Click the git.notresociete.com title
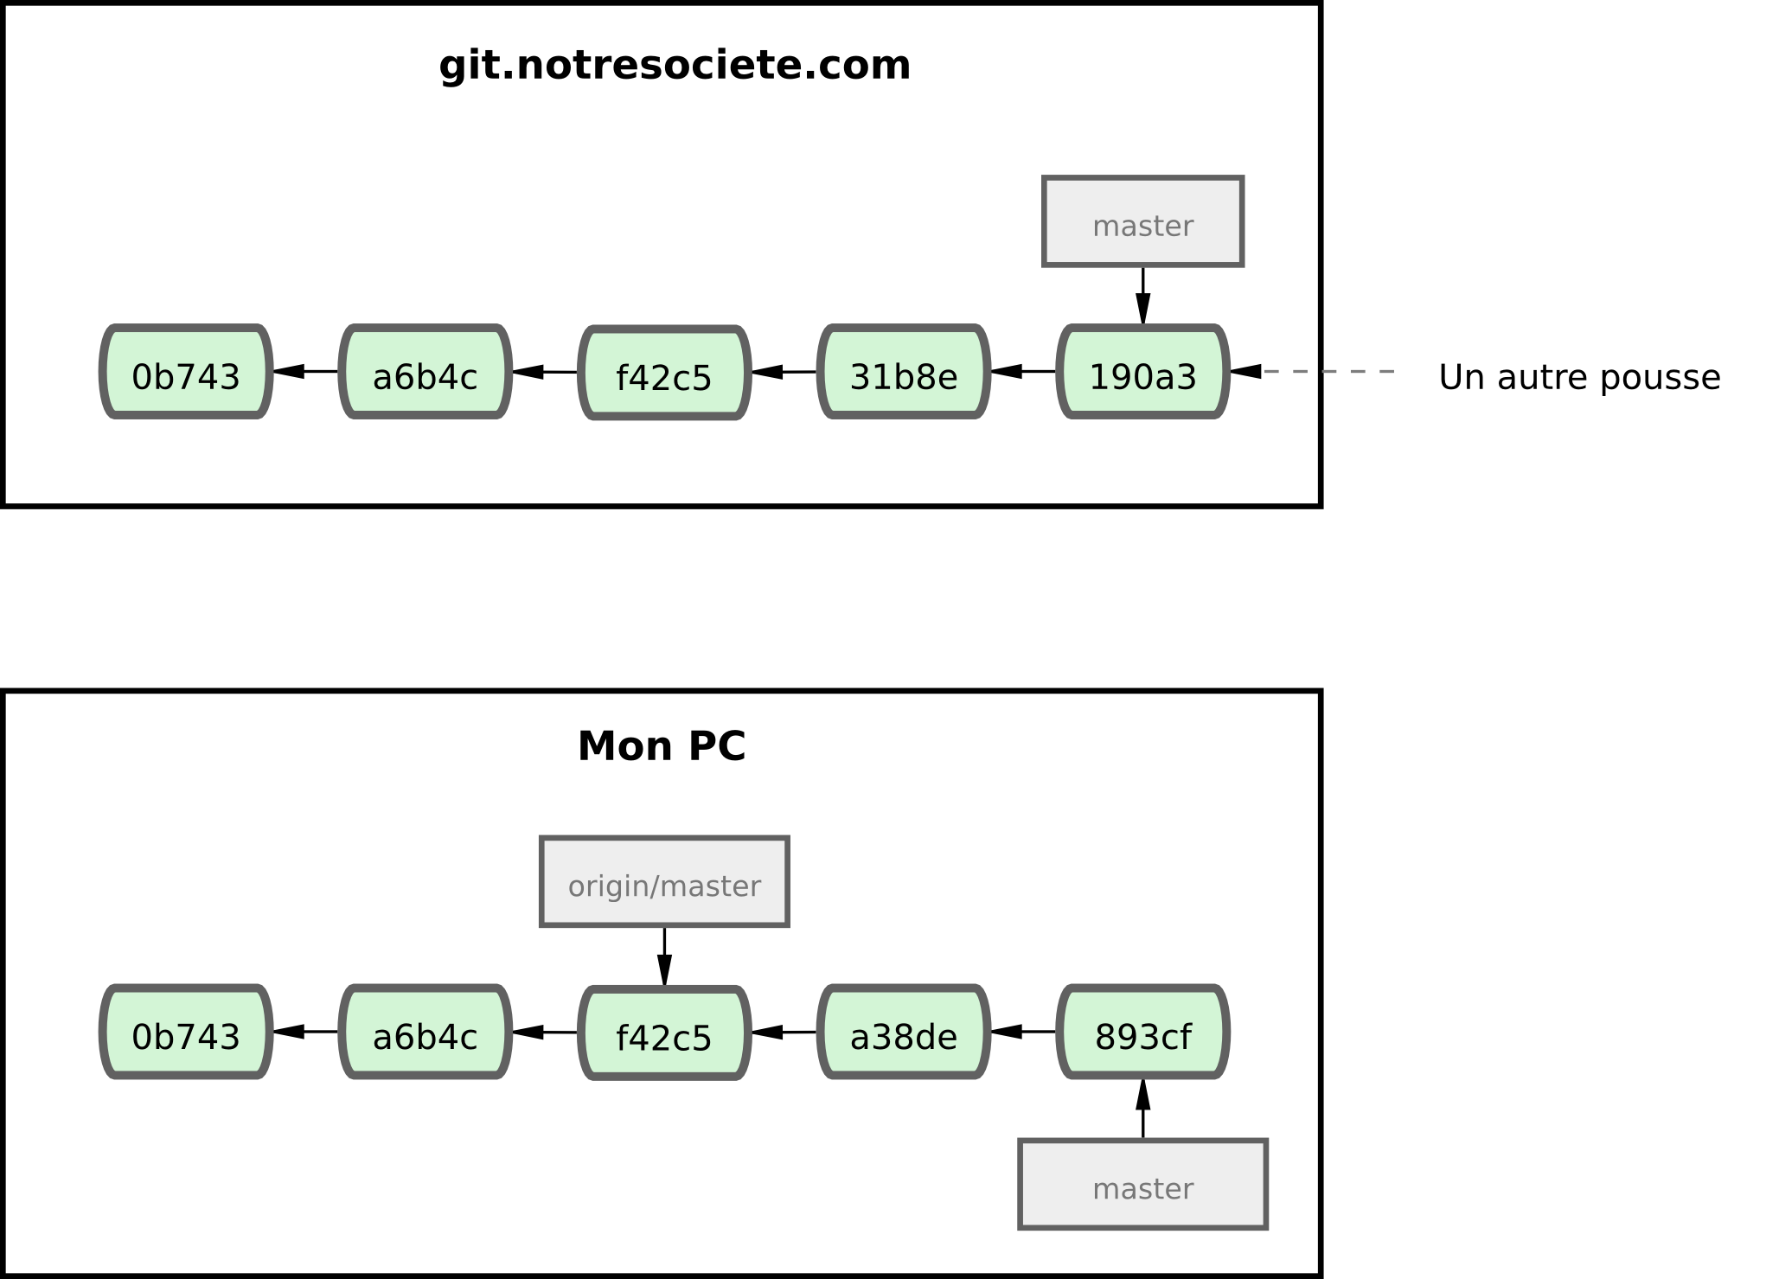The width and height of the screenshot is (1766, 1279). (x=675, y=67)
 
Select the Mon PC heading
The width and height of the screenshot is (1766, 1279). (x=662, y=746)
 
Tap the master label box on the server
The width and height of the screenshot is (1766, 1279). (x=1142, y=222)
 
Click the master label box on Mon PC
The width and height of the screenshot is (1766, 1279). (x=1142, y=1185)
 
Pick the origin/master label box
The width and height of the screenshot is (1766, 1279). (x=664, y=882)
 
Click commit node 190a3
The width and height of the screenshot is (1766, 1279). (x=1142, y=373)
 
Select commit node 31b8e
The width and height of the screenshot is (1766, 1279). (x=904, y=373)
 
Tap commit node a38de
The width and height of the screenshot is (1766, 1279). (x=904, y=1033)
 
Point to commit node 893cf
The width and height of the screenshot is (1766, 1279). (x=1142, y=1033)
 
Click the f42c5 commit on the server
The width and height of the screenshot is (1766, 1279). (x=663, y=374)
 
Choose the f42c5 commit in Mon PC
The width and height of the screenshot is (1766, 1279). (x=663, y=1033)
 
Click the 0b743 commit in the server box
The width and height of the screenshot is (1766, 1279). (x=186, y=373)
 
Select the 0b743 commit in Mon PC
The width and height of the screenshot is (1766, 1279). (x=186, y=1033)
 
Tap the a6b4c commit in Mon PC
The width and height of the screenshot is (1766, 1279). (x=425, y=1033)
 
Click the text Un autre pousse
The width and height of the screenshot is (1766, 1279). (x=1579, y=378)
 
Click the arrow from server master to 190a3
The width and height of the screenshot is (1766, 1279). (x=1142, y=295)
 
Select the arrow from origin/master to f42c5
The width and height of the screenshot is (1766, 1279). (x=664, y=956)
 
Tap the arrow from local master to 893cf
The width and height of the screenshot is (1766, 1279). (x=1142, y=1110)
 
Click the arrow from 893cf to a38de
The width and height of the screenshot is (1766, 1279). (x=1023, y=1032)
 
